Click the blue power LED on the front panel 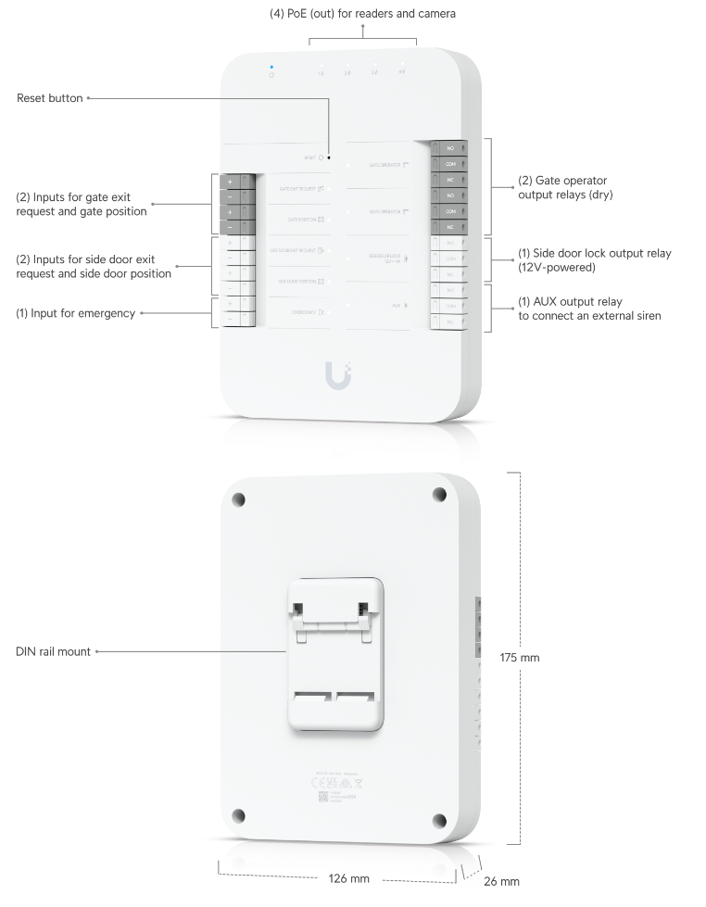[x=271, y=67]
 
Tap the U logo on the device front [x=338, y=375]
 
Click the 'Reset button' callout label [x=50, y=97]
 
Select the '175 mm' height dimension [x=519, y=657]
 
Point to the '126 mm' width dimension [x=348, y=877]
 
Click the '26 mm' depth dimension [x=502, y=880]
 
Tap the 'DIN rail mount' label [x=54, y=651]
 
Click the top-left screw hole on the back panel [x=239, y=498]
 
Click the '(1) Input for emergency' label [x=76, y=313]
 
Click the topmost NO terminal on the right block [x=450, y=148]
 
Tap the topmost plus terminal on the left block [x=229, y=182]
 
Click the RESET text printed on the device [x=309, y=158]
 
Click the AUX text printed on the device [x=396, y=304]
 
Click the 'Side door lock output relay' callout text [x=593, y=259]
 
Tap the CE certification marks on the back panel [x=321, y=784]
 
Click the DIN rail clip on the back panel [x=336, y=649]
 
